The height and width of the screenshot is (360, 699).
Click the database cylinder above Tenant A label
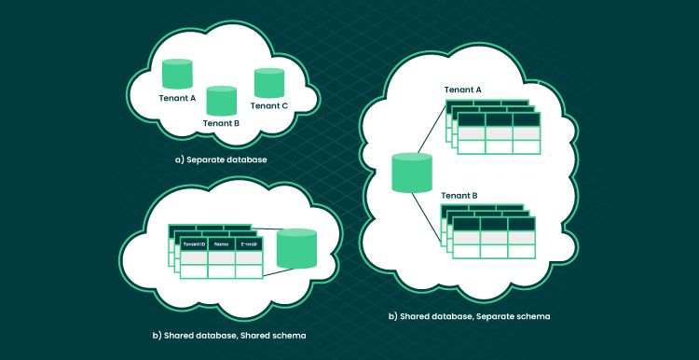click(177, 74)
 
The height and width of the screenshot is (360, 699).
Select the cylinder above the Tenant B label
click(221, 101)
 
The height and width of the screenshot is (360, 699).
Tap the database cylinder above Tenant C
click(269, 82)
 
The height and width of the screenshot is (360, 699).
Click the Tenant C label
click(268, 106)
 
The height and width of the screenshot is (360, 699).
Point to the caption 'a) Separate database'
click(221, 159)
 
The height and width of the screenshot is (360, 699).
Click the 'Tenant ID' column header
click(194, 244)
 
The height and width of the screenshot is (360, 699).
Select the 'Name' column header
click(222, 244)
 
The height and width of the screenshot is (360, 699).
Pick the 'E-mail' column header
click(249, 244)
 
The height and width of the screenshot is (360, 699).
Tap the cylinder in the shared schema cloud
click(296, 248)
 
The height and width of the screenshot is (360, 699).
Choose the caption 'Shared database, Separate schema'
click(470, 317)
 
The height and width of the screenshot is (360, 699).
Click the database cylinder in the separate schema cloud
click(412, 173)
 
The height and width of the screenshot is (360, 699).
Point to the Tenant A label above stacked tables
click(462, 90)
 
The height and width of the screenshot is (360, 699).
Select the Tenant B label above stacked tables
click(459, 196)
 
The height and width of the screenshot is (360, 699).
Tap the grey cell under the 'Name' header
click(222, 258)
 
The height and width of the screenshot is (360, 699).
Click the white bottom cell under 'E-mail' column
click(249, 271)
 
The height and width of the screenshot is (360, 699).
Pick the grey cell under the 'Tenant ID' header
click(194, 258)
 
